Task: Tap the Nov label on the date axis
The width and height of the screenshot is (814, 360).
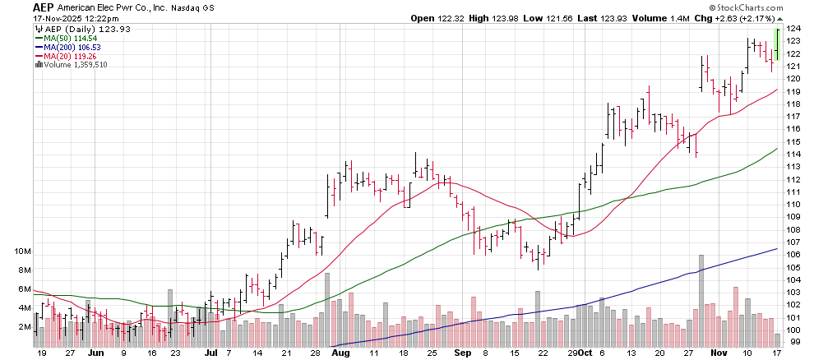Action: point(718,353)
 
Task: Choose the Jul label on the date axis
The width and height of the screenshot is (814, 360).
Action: point(210,353)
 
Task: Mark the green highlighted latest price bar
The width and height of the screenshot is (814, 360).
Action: point(777,44)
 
